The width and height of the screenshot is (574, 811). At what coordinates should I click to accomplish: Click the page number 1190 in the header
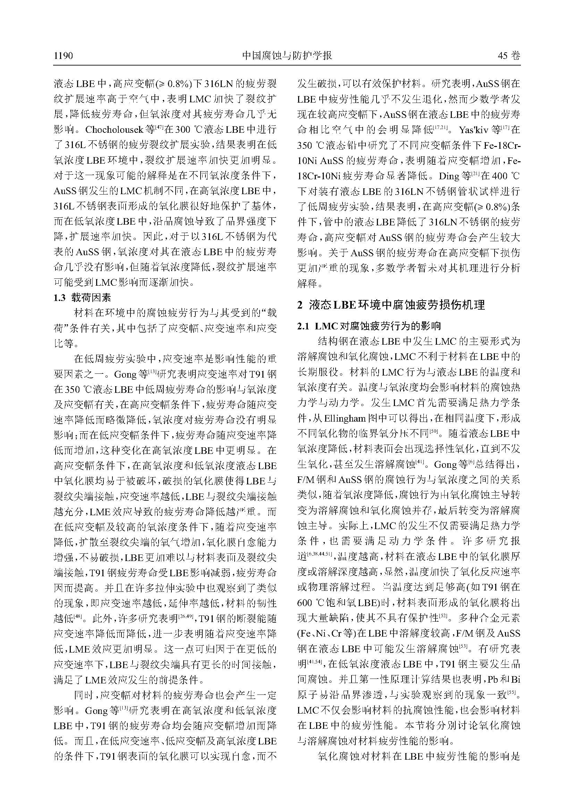(63, 56)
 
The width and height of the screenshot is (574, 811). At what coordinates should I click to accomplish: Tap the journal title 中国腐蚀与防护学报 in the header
(287, 55)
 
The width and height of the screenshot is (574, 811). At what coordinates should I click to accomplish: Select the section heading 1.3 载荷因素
(82, 298)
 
